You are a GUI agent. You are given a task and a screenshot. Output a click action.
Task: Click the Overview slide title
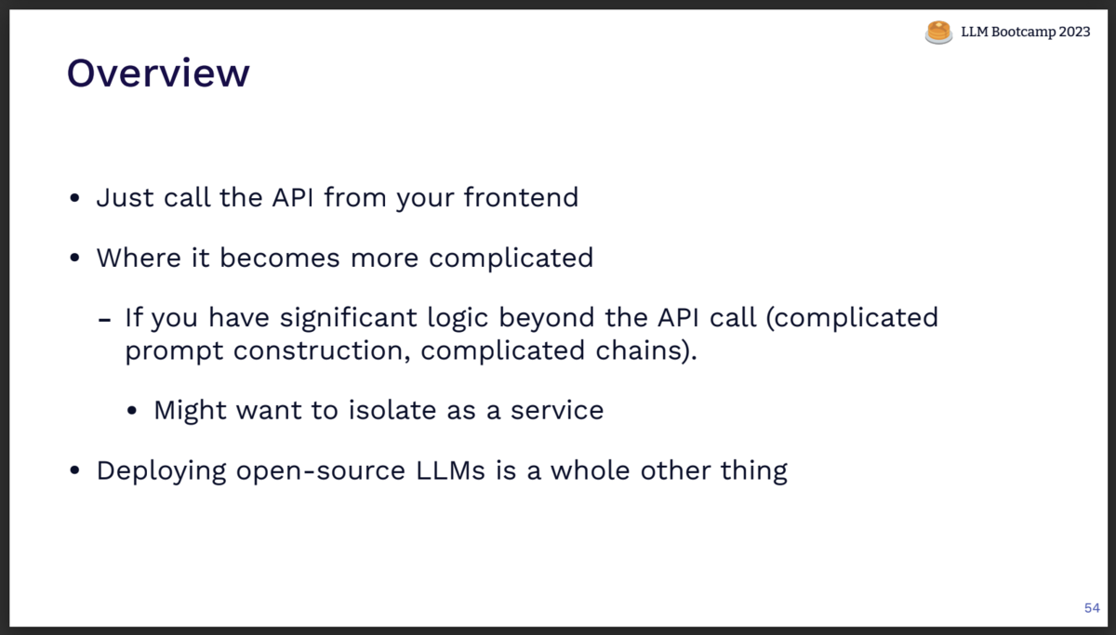click(158, 73)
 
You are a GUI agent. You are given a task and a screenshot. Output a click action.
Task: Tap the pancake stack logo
click(938, 33)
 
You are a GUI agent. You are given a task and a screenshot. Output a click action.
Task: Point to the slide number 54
click(1092, 608)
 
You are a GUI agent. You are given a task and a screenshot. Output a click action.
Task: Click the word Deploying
click(162, 470)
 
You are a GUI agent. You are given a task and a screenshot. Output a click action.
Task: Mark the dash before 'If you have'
click(105, 319)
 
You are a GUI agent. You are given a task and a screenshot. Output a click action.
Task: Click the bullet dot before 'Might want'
click(134, 411)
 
